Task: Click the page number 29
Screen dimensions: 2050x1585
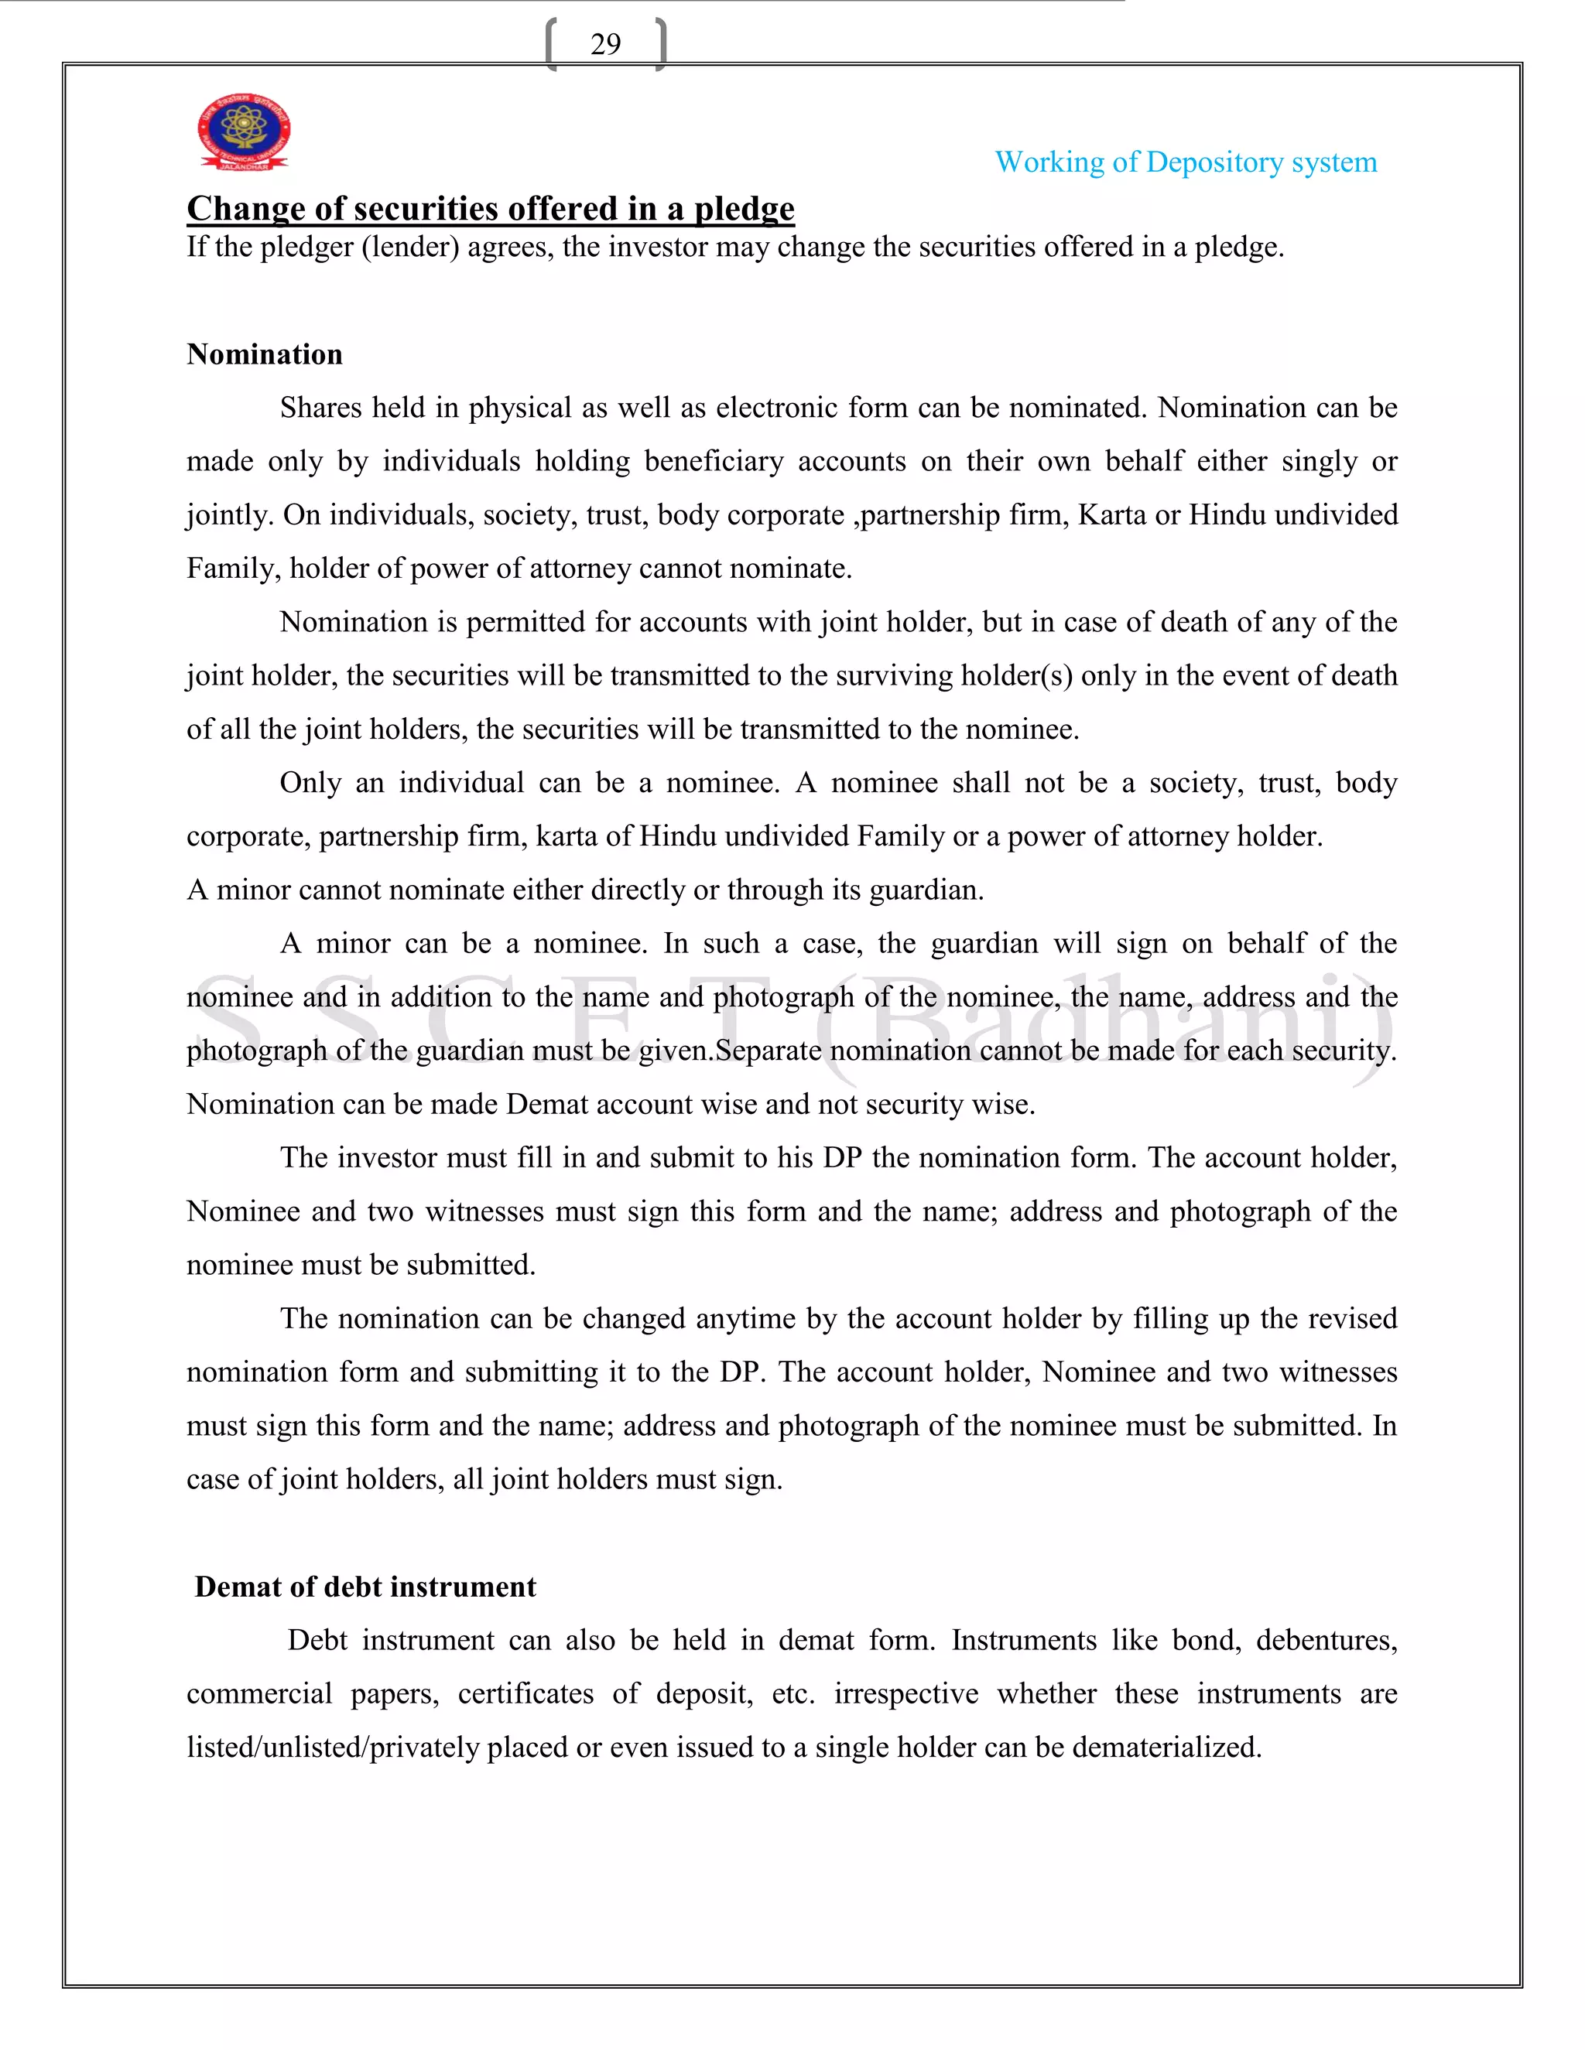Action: [x=606, y=44]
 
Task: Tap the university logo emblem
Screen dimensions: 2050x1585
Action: [x=243, y=132]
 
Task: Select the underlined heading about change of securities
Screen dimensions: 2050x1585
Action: [x=490, y=208]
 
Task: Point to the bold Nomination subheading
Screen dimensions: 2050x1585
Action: [x=265, y=355]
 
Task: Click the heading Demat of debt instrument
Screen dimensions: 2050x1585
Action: [x=365, y=1587]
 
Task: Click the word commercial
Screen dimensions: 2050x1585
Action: [x=259, y=1694]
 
